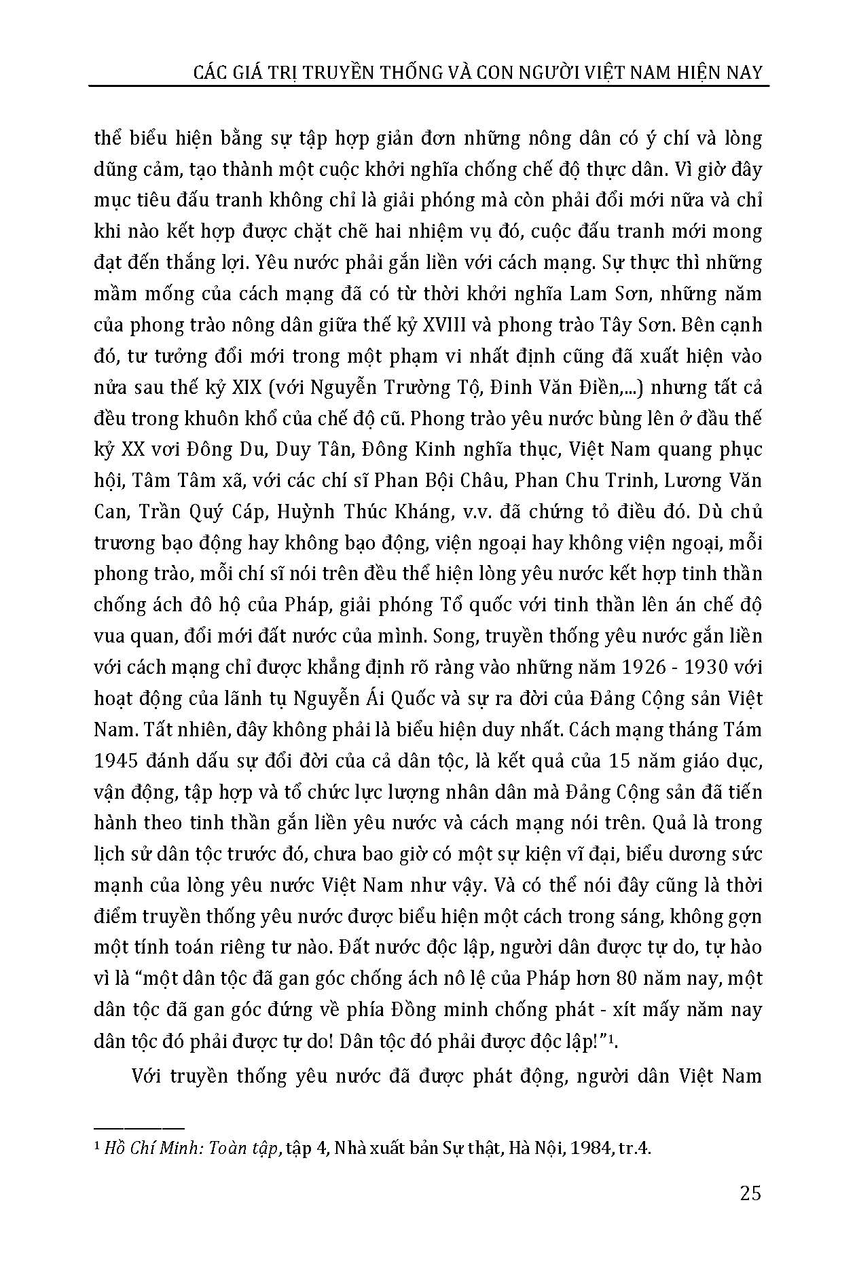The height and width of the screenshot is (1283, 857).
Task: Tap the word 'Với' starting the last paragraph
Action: pos(147,1077)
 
